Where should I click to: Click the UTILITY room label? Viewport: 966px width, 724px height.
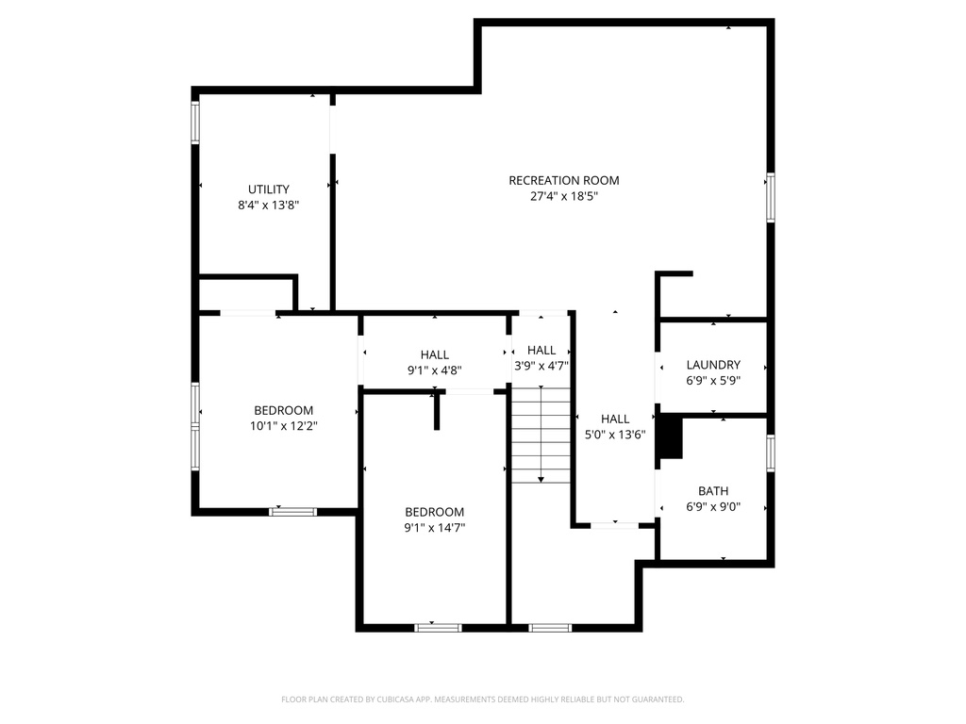pyautogui.click(x=269, y=189)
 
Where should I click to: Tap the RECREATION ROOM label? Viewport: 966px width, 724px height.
pyautogui.click(x=564, y=180)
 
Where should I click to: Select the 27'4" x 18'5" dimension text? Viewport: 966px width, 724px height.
pyautogui.click(x=564, y=196)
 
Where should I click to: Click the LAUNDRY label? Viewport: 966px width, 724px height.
pyautogui.click(x=713, y=365)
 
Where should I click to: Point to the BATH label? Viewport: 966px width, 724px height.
pyautogui.click(x=713, y=490)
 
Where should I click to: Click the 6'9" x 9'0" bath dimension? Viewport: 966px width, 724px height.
pyautogui.click(x=713, y=506)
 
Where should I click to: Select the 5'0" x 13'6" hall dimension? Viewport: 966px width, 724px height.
pyautogui.click(x=615, y=435)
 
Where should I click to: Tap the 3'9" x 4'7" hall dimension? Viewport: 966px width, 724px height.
pyautogui.click(x=541, y=366)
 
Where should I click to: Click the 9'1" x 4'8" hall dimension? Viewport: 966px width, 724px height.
pyautogui.click(x=434, y=370)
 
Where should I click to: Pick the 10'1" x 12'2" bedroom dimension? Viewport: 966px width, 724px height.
pyautogui.click(x=283, y=425)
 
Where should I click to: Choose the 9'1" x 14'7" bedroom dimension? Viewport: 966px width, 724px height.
pyautogui.click(x=434, y=528)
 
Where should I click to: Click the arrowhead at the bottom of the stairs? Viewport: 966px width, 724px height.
pyautogui.click(x=541, y=479)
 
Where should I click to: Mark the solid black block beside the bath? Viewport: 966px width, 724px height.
pyautogui.click(x=671, y=438)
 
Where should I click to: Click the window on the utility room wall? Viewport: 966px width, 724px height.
pyautogui.click(x=195, y=122)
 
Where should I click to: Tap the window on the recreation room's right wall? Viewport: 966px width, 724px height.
pyautogui.click(x=770, y=197)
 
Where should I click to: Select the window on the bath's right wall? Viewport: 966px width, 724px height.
pyautogui.click(x=770, y=453)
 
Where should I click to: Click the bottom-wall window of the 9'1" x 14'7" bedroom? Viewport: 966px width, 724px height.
pyautogui.click(x=438, y=628)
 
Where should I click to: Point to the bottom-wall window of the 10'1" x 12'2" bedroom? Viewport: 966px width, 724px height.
pyautogui.click(x=293, y=512)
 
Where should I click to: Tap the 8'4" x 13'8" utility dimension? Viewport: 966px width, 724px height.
pyautogui.click(x=269, y=205)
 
